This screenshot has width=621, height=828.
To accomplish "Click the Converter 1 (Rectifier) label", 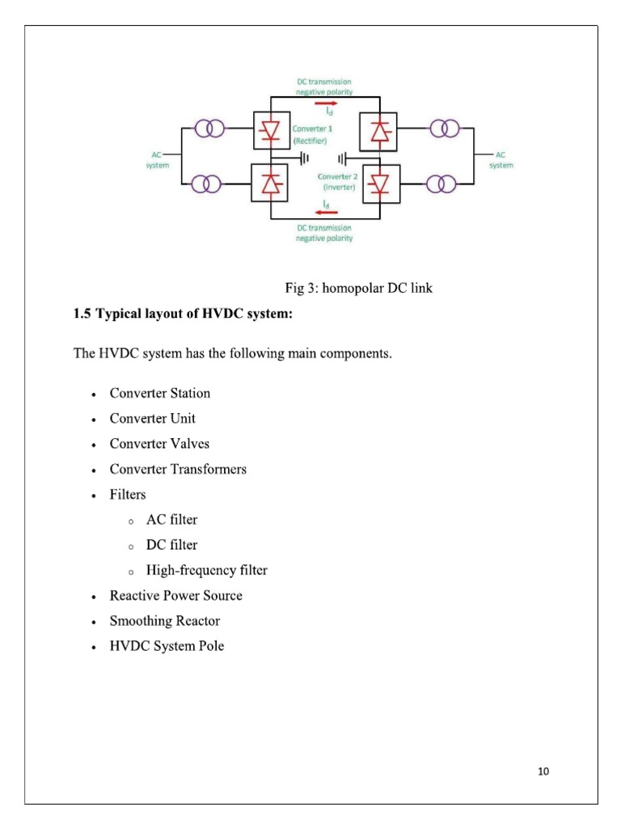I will point(309,135).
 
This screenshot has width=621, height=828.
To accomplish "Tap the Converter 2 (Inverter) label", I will point(337,181).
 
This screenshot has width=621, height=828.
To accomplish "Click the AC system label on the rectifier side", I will point(157,160).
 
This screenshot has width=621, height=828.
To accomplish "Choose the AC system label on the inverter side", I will point(501,160).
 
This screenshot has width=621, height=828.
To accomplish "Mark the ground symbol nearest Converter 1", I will point(304,158).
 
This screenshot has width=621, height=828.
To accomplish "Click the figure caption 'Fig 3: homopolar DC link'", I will point(358,289).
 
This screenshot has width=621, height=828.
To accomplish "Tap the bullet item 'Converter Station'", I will point(159,394).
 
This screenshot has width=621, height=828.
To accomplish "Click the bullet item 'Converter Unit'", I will point(152,419).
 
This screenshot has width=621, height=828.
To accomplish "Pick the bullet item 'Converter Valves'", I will point(159,444).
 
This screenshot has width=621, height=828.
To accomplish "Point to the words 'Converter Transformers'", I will point(178,469).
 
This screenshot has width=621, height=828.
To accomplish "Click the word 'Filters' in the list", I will point(128,494).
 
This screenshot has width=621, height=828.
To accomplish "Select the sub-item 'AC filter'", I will point(171,520).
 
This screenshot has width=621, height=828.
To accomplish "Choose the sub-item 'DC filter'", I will point(171,545).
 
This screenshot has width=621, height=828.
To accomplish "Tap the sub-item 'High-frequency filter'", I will point(206,570).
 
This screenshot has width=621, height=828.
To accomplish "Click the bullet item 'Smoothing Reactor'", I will point(164,621).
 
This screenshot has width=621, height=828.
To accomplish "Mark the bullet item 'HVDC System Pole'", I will point(167,646).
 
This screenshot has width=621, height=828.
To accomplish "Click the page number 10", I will point(543,771).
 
